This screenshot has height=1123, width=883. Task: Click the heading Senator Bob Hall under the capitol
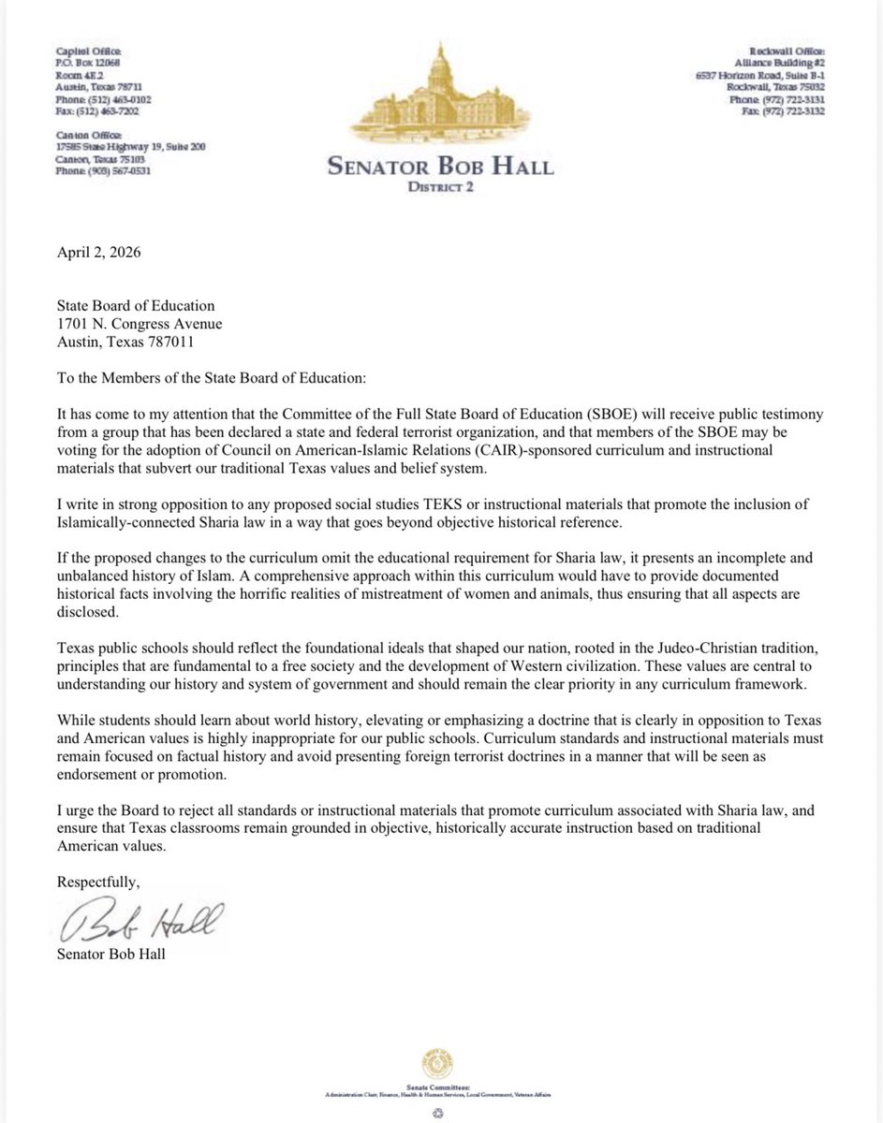[440, 168]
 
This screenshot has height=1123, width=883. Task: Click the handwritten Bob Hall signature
[140, 925]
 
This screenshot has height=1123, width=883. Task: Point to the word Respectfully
[96, 882]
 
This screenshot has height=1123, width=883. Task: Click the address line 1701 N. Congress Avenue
[140, 324]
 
